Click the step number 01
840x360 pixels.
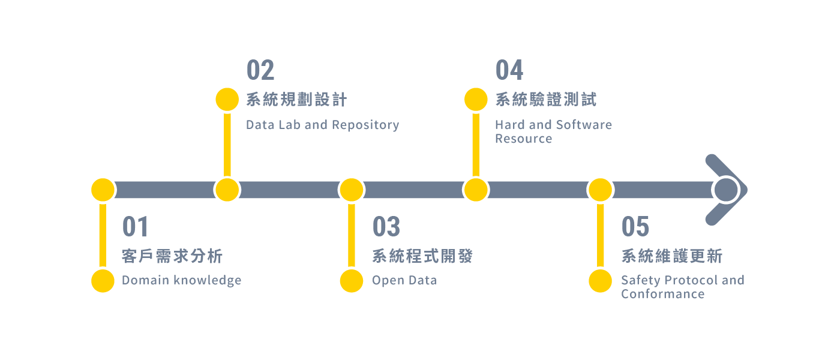(x=135, y=227)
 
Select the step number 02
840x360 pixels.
(x=260, y=71)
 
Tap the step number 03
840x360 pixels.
(x=386, y=227)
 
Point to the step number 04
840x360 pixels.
(x=509, y=71)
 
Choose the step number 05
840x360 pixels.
(x=635, y=227)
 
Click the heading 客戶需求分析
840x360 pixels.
(x=172, y=257)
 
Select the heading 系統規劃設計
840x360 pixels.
(x=296, y=100)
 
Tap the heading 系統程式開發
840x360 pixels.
(x=422, y=257)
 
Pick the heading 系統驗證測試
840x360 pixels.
(x=545, y=100)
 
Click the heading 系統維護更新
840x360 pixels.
(x=671, y=257)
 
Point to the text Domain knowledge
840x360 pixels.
(x=181, y=280)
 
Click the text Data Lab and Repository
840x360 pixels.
(x=322, y=125)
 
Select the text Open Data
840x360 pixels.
(x=404, y=280)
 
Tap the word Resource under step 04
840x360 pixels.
(x=523, y=139)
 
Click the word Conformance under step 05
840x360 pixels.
(x=662, y=294)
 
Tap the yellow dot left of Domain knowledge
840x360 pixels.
(x=103, y=281)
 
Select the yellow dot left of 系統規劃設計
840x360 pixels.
(x=227, y=100)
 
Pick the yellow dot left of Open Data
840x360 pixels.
(x=352, y=281)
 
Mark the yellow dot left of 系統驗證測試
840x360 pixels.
(x=476, y=100)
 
